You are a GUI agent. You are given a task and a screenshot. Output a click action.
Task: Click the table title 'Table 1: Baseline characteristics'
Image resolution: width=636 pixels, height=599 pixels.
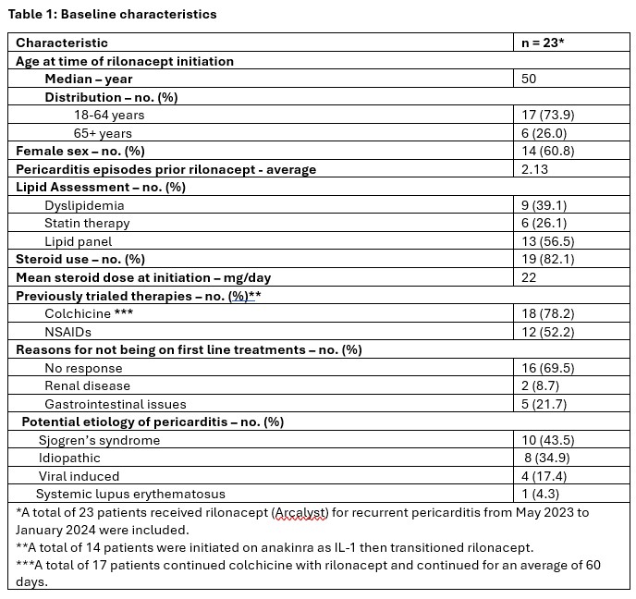click(x=113, y=15)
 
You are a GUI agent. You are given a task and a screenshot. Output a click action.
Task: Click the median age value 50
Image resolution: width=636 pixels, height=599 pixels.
click(x=529, y=79)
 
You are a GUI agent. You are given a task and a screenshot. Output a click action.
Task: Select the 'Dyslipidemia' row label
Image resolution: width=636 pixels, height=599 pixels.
click(x=84, y=205)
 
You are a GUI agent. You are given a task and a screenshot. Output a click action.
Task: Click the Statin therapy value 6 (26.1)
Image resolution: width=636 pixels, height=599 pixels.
click(x=549, y=223)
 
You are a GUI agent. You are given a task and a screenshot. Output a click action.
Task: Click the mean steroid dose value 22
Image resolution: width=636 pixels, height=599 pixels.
click(x=529, y=277)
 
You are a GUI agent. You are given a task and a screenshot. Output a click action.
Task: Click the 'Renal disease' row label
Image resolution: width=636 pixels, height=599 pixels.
click(x=88, y=385)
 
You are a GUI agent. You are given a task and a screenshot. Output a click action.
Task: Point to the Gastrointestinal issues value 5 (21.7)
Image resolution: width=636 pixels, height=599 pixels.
click(x=549, y=404)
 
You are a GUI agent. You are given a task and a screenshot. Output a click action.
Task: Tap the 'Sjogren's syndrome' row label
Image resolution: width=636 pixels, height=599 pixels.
click(x=99, y=440)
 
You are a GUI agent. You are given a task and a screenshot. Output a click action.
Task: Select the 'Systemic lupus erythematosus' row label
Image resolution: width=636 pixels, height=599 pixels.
click(x=130, y=494)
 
